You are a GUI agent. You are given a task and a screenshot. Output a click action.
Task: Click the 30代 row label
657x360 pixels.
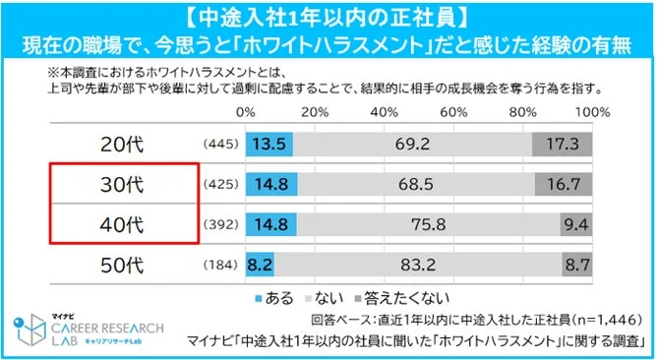[x=122, y=184]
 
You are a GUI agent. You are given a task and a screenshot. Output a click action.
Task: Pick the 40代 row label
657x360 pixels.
[x=122, y=224]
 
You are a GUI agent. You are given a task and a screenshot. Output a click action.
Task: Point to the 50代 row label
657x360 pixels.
[x=122, y=264]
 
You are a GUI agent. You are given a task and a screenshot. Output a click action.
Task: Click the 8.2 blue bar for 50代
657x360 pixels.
[x=260, y=264]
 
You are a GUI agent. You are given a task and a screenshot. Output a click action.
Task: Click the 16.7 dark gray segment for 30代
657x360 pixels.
[x=564, y=184]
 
